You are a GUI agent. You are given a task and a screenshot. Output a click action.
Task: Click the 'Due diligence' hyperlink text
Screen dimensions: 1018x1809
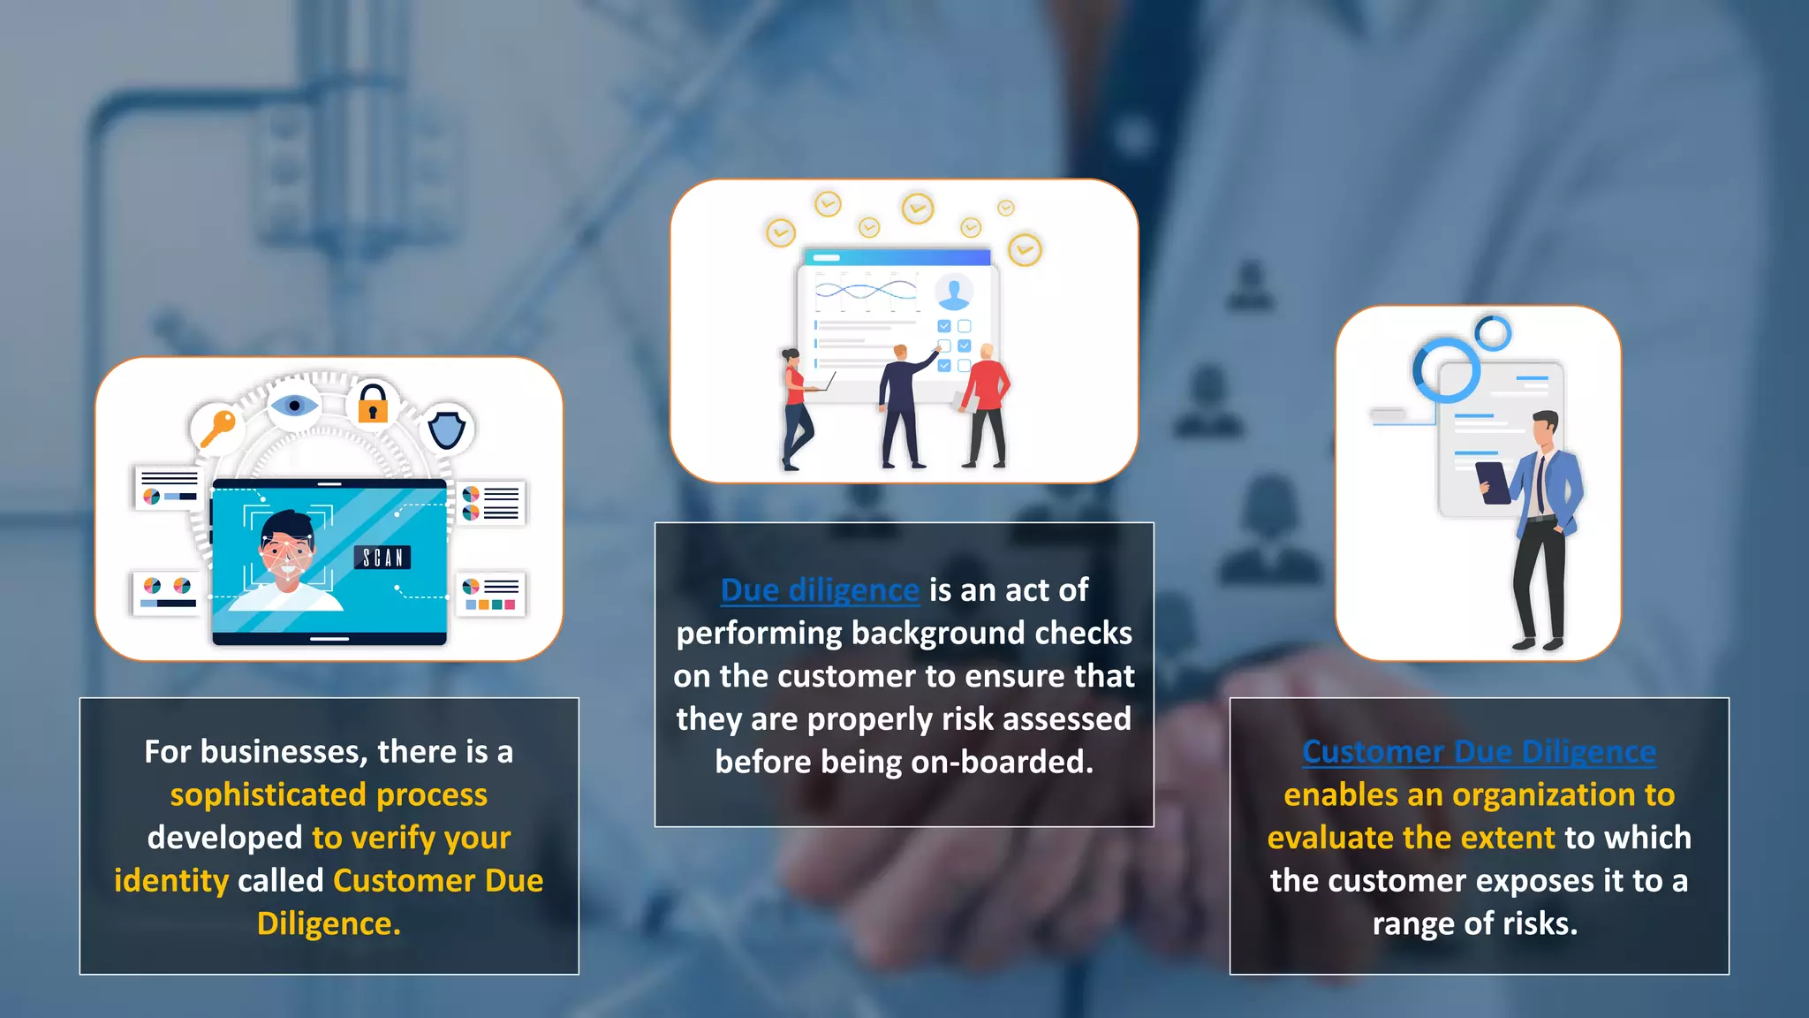click(x=819, y=590)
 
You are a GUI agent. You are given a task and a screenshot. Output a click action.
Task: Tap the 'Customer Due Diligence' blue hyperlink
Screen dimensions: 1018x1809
click(x=1479, y=752)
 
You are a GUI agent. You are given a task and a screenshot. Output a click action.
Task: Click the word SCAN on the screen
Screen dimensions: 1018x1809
click(x=382, y=558)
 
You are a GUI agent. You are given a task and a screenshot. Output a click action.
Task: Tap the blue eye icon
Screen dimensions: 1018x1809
click(x=294, y=406)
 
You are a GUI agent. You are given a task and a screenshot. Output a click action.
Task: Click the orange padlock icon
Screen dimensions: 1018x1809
click(x=373, y=405)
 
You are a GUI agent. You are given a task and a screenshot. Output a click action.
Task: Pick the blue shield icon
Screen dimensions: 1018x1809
click(x=447, y=429)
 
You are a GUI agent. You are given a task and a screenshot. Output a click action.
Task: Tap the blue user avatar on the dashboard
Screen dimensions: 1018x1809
click(x=954, y=291)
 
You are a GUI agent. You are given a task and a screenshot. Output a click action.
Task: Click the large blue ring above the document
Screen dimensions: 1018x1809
click(x=1446, y=370)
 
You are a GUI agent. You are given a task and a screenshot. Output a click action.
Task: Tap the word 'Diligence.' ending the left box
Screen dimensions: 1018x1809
click(x=329, y=924)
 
